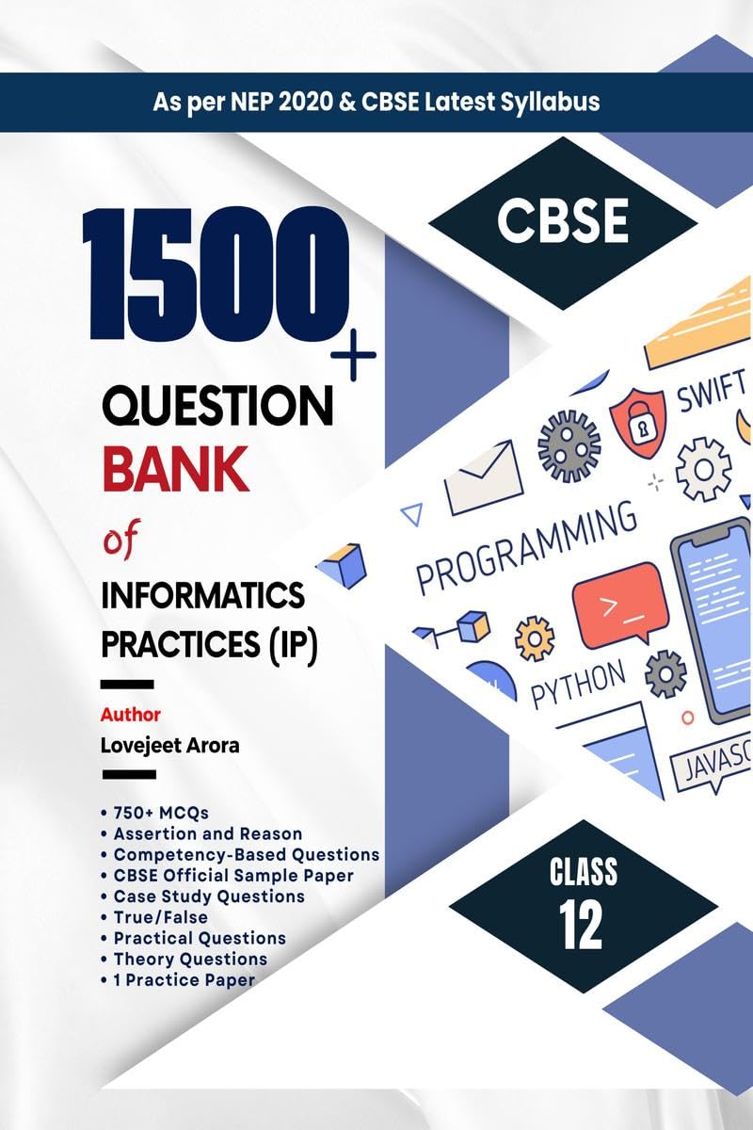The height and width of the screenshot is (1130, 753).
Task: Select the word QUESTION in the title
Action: point(216,407)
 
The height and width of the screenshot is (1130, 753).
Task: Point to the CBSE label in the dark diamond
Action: point(563,223)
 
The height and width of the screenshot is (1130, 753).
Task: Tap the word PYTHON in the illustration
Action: point(578,685)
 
